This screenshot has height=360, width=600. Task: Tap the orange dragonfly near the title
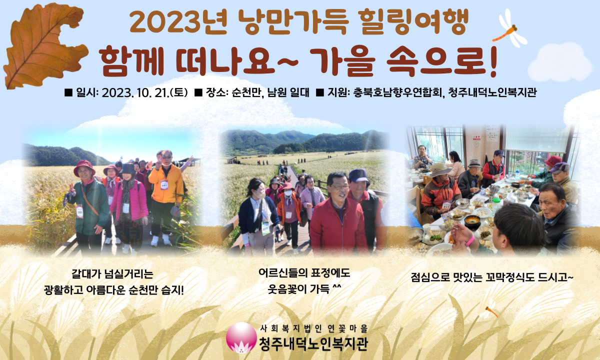tap(509, 29)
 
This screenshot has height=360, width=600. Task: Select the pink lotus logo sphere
tap(241, 337)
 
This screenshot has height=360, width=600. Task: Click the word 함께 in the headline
tap(131, 61)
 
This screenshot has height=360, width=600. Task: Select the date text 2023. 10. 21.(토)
tap(144, 92)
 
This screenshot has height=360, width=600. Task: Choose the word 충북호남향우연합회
tap(396, 92)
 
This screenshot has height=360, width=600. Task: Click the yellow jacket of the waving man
tap(166, 185)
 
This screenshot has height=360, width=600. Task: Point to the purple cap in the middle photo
tap(358, 175)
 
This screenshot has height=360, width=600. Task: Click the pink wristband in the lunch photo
tap(470, 241)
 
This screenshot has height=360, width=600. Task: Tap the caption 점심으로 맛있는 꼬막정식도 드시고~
tap(492, 277)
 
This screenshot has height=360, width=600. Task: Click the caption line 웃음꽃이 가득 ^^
tap(304, 289)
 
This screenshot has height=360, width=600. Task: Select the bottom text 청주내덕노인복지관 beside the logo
tap(313, 344)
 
